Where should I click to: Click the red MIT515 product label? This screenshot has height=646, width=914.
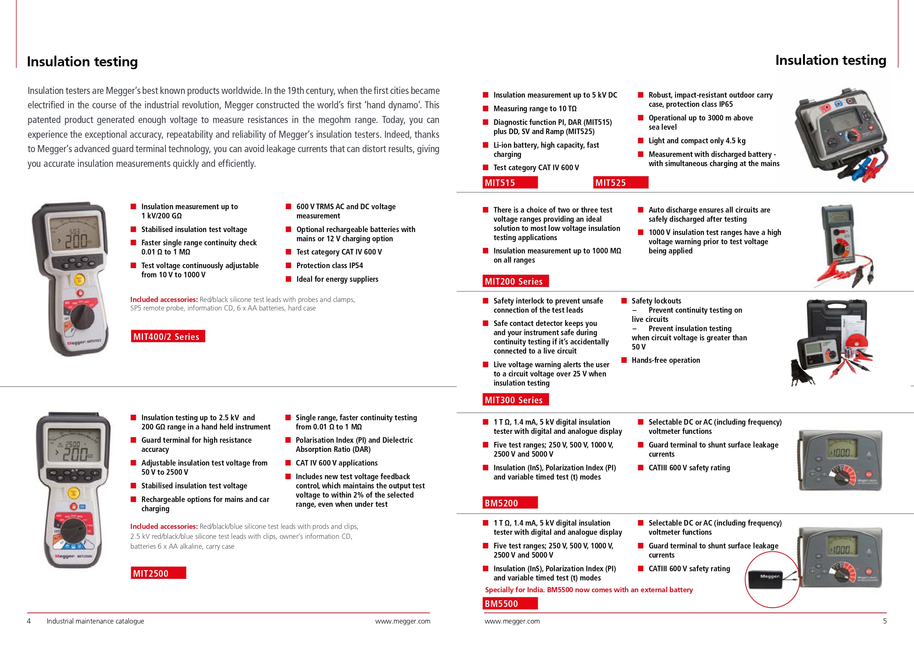coord(509,183)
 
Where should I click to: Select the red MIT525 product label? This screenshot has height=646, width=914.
coord(620,183)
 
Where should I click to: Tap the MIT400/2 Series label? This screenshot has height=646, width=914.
coord(168,336)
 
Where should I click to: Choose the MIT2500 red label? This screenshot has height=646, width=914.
coord(158,573)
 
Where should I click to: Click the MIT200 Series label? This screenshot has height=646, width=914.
coord(515,281)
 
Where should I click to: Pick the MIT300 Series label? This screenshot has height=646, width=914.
coord(515,400)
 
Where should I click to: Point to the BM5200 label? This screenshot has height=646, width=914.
coord(509,503)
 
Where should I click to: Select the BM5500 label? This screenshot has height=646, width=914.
coord(509,603)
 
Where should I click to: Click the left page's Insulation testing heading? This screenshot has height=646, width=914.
coord(83,62)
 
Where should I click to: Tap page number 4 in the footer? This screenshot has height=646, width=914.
coord(29,621)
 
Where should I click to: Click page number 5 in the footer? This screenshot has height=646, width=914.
coord(885,621)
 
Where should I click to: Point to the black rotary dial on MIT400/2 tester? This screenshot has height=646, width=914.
coord(83,316)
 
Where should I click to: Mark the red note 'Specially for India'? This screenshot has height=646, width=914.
coord(588,590)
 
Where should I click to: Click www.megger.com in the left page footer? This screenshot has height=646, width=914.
coord(402,621)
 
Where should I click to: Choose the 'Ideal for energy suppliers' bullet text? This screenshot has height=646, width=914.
coord(337,279)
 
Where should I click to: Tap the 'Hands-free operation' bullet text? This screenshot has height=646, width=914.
coord(666,360)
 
